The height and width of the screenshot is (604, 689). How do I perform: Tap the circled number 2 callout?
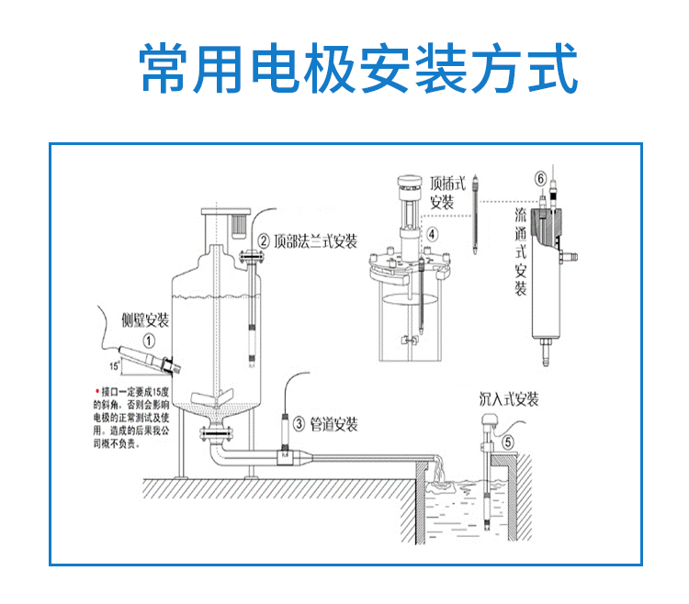[264, 241]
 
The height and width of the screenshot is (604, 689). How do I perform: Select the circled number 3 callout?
[299, 424]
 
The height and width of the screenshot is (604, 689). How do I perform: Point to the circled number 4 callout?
[432, 233]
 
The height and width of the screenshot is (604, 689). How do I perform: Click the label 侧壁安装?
[146, 320]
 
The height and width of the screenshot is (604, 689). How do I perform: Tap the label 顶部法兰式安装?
[315, 241]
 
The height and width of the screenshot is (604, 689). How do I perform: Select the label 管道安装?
[333, 424]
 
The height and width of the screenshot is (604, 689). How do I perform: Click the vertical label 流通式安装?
[520, 252]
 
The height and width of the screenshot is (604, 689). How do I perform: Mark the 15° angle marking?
[114, 365]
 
